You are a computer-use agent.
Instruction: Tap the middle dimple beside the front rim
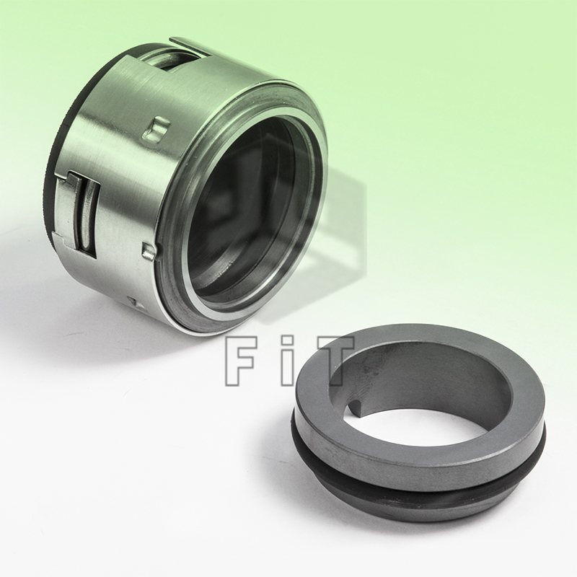coord(149,250)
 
